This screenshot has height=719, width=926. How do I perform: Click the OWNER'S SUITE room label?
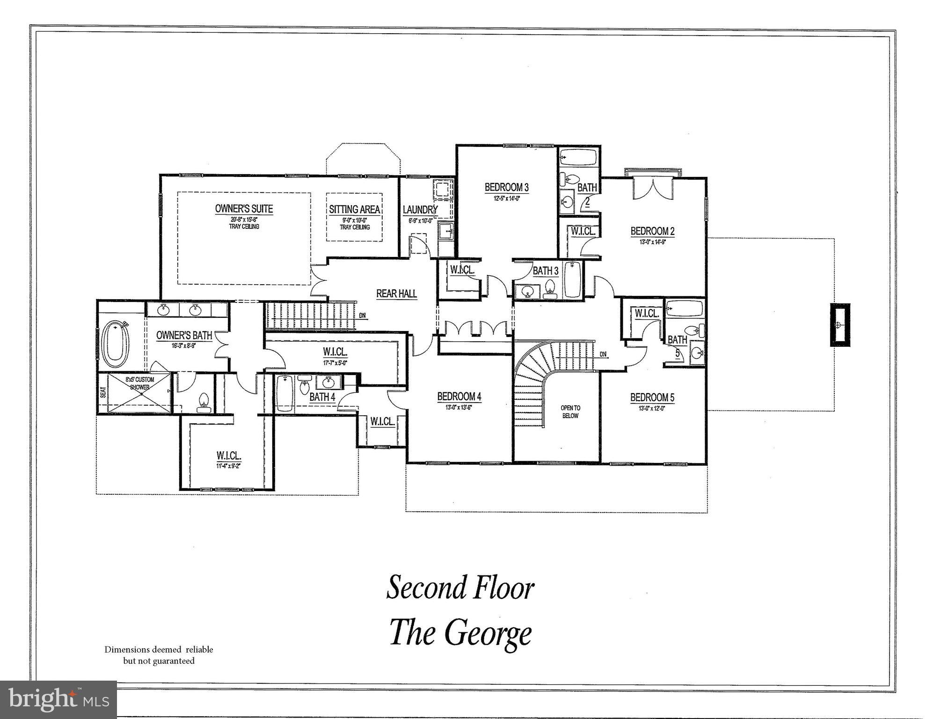pyautogui.click(x=244, y=209)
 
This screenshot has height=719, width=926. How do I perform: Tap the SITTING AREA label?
pyautogui.click(x=354, y=209)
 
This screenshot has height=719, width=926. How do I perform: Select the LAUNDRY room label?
pyautogui.click(x=420, y=210)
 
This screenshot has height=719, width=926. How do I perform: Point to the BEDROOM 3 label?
pyautogui.click(x=506, y=188)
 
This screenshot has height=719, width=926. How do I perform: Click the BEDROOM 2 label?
pyautogui.click(x=652, y=231)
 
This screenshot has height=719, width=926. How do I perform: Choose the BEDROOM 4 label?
pyautogui.click(x=459, y=397)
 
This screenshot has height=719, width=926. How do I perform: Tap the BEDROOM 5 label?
pyautogui.click(x=652, y=398)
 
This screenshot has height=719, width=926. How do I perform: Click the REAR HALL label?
pyautogui.click(x=396, y=293)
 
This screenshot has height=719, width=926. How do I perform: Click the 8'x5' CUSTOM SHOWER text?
pyautogui.click(x=139, y=383)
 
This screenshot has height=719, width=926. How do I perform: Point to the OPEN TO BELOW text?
pyautogui.click(x=570, y=412)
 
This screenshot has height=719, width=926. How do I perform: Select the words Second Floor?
pyautogui.click(x=460, y=588)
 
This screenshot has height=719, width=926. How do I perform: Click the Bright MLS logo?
pyautogui.click(x=58, y=699)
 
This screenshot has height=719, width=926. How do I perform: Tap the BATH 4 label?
pyautogui.click(x=322, y=397)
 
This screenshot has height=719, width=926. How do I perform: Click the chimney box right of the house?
pyautogui.click(x=839, y=325)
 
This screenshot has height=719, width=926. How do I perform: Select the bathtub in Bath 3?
pyautogui.click(x=572, y=280)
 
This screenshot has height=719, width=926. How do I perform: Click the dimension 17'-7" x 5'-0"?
pyautogui.click(x=335, y=362)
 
